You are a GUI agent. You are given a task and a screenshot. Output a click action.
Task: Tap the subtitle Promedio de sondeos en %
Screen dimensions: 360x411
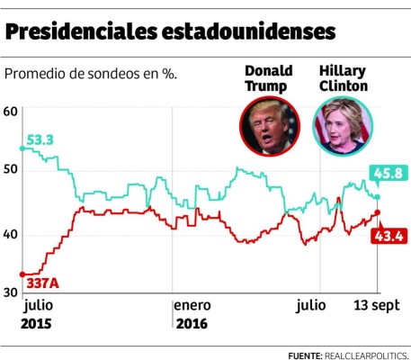91,73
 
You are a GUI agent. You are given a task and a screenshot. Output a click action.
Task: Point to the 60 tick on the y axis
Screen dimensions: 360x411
11,112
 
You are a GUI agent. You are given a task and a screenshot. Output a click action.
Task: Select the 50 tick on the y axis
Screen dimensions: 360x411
11,173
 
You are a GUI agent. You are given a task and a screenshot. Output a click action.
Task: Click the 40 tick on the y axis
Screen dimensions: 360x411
11,234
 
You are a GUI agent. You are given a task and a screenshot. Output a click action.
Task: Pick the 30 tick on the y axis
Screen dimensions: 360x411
11,293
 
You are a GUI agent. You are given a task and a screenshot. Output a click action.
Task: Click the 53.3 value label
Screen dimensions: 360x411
40,139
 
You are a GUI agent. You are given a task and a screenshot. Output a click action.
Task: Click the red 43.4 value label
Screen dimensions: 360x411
389,236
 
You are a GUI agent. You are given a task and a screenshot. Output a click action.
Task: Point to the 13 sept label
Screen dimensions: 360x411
377,305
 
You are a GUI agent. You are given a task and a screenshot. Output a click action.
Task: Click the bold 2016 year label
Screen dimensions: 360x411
192,324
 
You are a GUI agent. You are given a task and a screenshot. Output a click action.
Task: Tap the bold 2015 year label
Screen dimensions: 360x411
36,324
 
